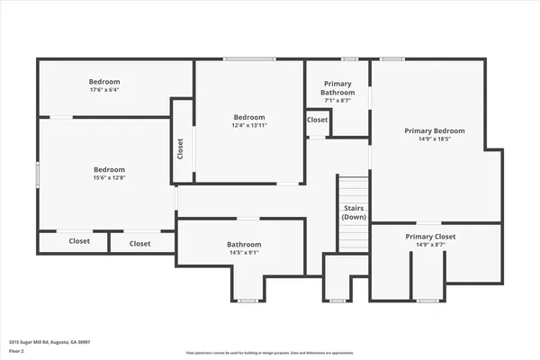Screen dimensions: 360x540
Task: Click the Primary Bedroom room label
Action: point(434,130)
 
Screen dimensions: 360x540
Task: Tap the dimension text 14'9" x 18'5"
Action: point(434,139)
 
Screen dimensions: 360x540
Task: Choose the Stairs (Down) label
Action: point(354,212)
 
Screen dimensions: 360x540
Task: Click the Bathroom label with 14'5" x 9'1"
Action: point(244,244)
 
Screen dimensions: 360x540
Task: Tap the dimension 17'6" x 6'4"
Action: point(103,89)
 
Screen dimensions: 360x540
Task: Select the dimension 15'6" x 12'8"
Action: point(109,178)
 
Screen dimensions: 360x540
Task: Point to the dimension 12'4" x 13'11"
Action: point(249,126)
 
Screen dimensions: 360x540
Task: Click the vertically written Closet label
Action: point(181,148)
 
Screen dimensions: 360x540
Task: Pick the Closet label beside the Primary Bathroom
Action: point(318,120)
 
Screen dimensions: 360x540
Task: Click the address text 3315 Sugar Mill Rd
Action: point(49,342)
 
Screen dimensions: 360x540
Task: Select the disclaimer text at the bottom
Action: point(270,352)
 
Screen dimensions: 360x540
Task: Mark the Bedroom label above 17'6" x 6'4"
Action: point(103,80)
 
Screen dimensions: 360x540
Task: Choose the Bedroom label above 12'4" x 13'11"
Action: point(249,117)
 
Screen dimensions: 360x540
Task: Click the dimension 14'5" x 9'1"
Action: point(244,253)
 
